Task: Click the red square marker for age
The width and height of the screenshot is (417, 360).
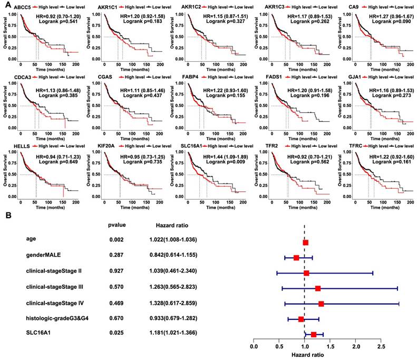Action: pos(305,242)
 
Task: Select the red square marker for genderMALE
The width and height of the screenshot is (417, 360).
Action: pos(296,258)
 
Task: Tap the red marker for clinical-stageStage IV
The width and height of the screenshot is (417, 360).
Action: pos(321,304)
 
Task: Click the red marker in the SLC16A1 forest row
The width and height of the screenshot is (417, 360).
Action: pos(314,334)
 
